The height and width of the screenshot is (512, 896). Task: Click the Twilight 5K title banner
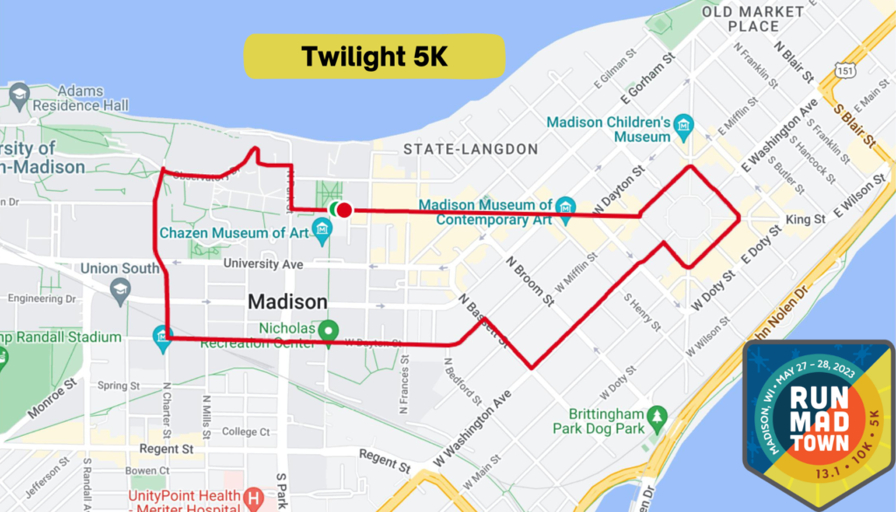[x=374, y=56]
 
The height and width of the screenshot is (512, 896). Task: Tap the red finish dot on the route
[x=345, y=210]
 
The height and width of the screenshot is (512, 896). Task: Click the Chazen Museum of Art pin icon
[x=324, y=232]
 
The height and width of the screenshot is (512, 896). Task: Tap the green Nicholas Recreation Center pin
[x=328, y=330]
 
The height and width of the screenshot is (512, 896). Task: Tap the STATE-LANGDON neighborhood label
[x=470, y=150]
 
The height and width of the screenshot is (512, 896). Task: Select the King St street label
[x=805, y=219]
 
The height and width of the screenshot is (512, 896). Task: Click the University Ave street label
[x=262, y=263]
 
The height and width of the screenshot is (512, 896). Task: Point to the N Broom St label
[x=530, y=279]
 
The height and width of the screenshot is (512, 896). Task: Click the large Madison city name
[x=287, y=301]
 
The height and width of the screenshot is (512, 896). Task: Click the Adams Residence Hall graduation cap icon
[x=19, y=93]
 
